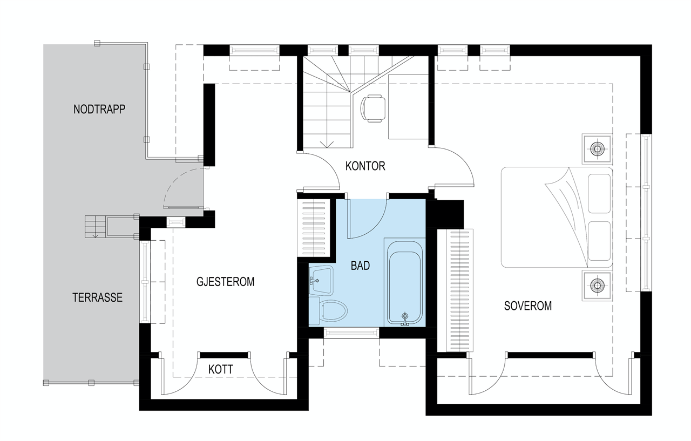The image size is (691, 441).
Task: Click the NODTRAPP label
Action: tap(99, 109)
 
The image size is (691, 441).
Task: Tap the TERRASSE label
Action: tap(98, 297)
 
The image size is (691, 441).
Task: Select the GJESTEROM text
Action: tap(225, 282)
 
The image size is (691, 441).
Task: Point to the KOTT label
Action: tap(221, 370)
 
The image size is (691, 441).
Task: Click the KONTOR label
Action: tap(365, 166)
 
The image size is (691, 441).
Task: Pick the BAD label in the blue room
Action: tap(360, 266)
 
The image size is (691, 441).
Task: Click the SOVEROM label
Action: tap(527, 306)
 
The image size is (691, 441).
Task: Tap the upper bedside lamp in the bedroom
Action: tap(597, 148)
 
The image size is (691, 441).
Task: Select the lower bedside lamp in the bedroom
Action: tap(597, 284)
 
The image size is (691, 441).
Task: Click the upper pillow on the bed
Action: tap(599, 193)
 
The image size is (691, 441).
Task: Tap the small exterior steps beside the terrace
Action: tap(96, 226)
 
